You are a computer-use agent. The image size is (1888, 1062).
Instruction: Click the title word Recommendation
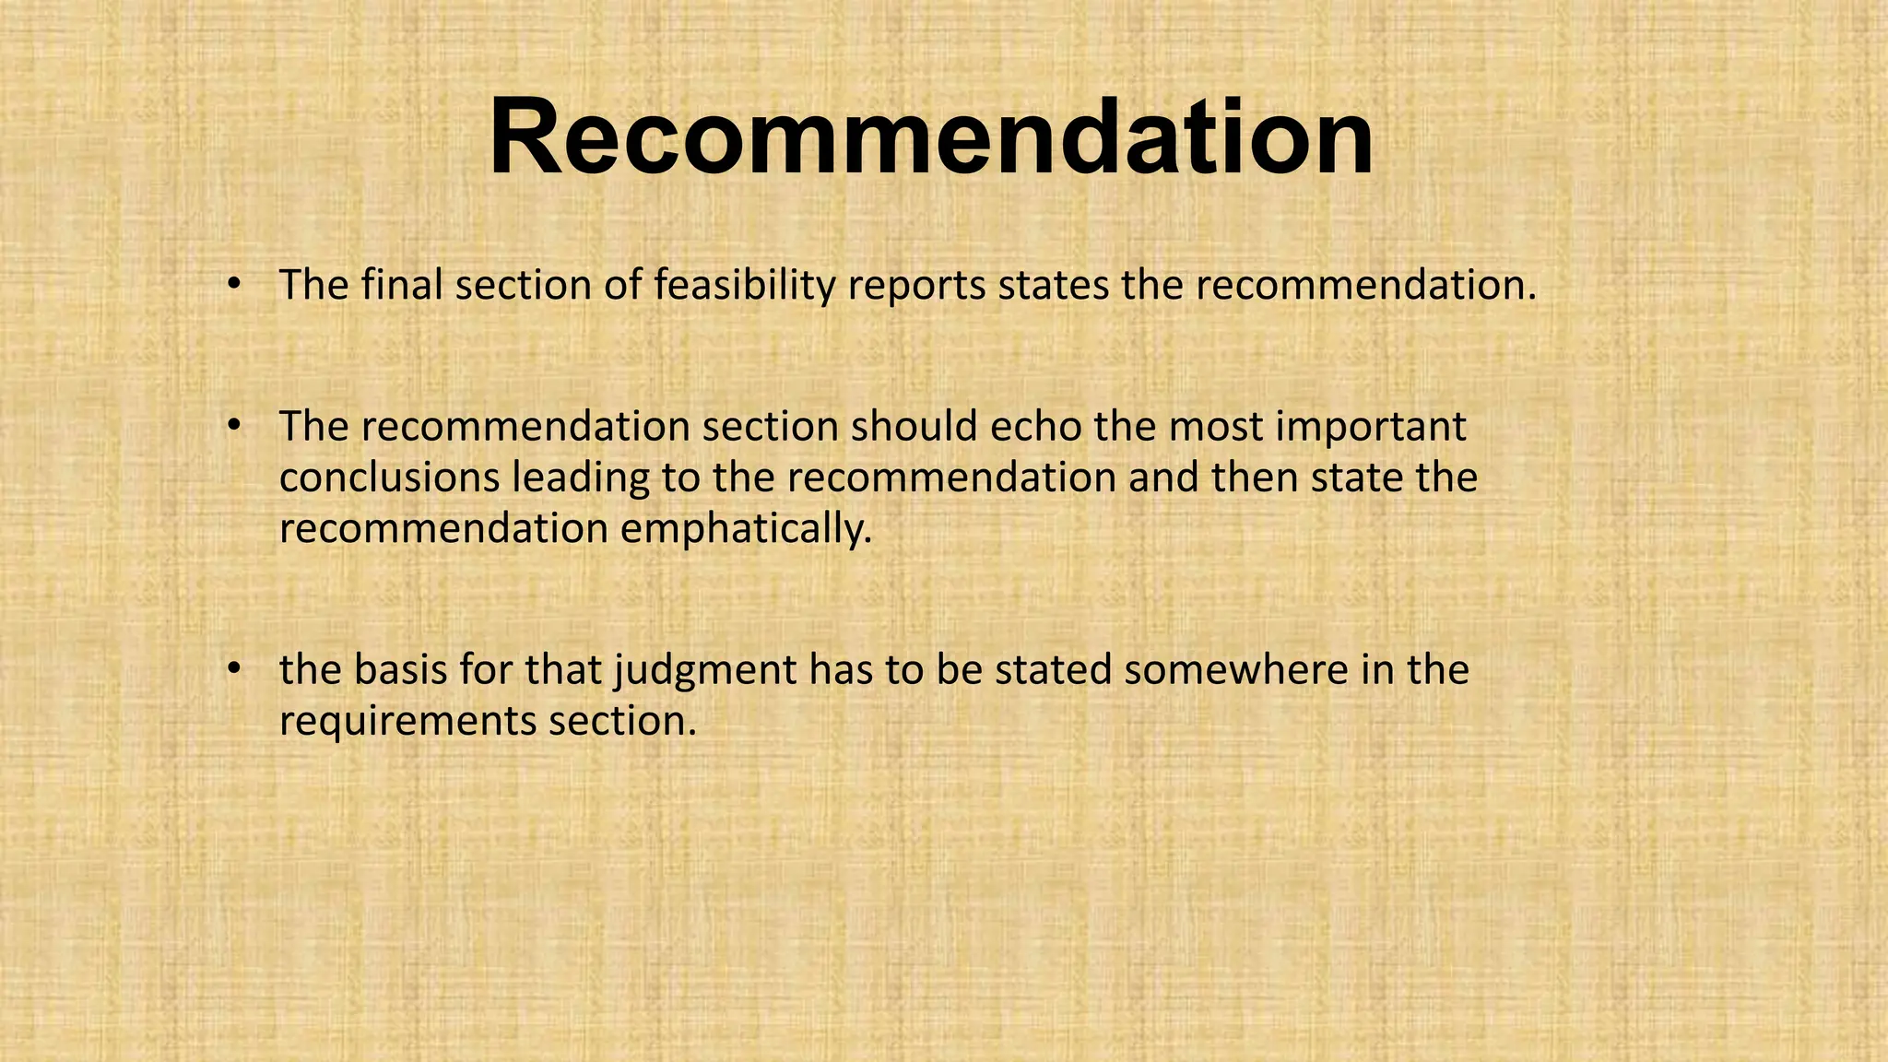[x=931, y=138]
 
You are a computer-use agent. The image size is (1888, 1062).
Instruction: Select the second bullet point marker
[x=234, y=425]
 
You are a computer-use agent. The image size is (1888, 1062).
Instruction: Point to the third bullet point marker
[x=234, y=667]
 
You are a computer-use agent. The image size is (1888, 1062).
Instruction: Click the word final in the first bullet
[x=402, y=285]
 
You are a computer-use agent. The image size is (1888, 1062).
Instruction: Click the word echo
[x=1035, y=427]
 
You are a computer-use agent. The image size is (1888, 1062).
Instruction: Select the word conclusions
[x=389, y=478]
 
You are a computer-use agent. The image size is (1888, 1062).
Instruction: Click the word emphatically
[x=745, y=530]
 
